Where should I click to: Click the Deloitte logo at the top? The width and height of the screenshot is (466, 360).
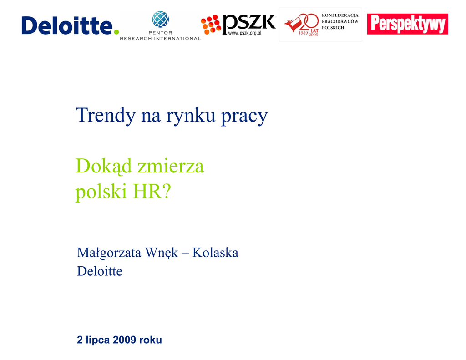pyautogui.click(x=70, y=25)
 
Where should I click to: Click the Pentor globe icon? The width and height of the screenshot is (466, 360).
pyautogui.click(x=161, y=19)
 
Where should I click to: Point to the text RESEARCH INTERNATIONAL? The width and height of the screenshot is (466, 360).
pyautogui.click(x=160, y=38)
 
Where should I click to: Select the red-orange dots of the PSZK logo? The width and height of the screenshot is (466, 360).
pyautogui.click(x=211, y=25)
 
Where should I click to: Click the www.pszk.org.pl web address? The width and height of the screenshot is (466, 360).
pyautogui.click(x=244, y=33)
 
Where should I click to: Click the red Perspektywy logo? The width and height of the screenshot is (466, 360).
pyautogui.click(x=407, y=24)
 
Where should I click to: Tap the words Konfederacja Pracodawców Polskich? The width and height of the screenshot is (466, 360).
pyautogui.click(x=340, y=21)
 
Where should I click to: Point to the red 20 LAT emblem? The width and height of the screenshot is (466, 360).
pyautogui.click(x=302, y=25)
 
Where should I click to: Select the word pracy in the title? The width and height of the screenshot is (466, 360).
pyautogui.click(x=244, y=117)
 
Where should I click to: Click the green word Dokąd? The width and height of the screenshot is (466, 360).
pyautogui.click(x=104, y=166)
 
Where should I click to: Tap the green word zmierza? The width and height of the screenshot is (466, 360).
pyautogui.click(x=171, y=166)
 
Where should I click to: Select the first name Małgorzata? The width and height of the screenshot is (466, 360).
pyautogui.click(x=109, y=254)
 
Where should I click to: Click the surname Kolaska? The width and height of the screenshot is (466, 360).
pyautogui.click(x=215, y=253)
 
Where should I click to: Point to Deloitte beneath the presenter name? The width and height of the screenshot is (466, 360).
pyautogui.click(x=100, y=271)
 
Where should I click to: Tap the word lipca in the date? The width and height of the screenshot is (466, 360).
pyautogui.click(x=97, y=340)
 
